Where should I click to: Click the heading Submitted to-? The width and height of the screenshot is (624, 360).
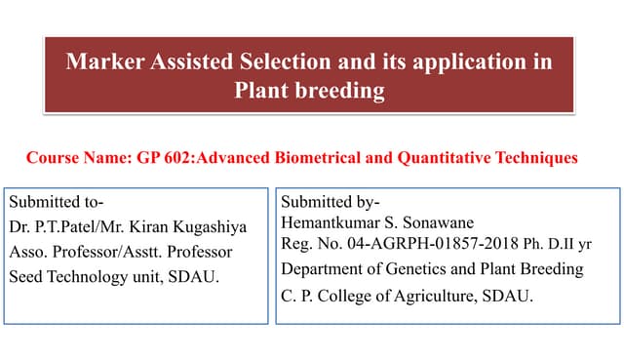click(57, 203)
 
